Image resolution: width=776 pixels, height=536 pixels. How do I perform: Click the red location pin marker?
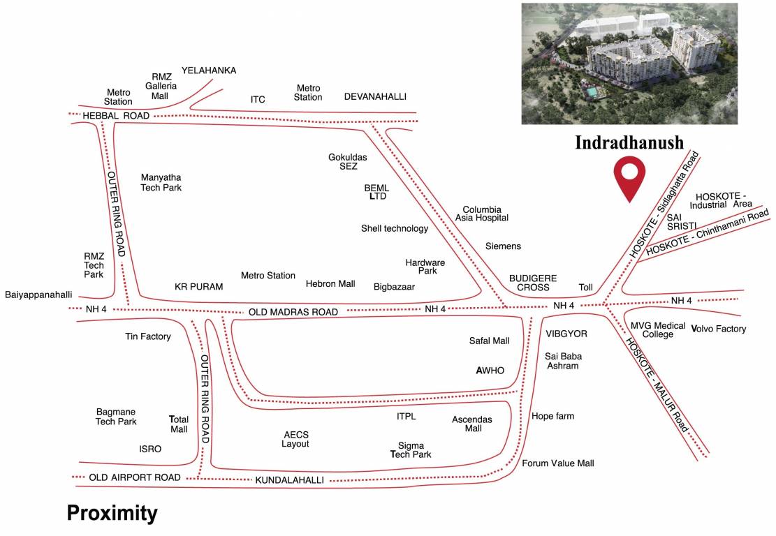pos(629,177)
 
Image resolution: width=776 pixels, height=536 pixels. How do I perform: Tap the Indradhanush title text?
pos(629,142)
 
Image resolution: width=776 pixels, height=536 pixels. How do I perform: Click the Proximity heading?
pos(112,513)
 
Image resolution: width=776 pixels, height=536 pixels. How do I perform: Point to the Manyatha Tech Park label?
pos(161,182)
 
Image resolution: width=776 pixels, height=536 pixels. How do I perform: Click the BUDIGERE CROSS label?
pos(533,283)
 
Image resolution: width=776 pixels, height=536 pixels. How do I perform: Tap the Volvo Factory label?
pos(719,329)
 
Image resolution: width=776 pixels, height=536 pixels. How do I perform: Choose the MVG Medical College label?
pos(658,329)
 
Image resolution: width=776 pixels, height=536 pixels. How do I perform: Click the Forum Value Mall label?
pos(558,463)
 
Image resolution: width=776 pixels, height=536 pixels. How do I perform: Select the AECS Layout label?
pos(295,439)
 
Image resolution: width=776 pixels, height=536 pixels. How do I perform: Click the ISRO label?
pos(150,449)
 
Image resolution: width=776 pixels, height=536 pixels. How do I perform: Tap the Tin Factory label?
pos(148,336)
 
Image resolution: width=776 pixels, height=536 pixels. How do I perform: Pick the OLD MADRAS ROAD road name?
pos(293,312)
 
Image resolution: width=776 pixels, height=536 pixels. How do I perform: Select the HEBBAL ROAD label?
pos(116,115)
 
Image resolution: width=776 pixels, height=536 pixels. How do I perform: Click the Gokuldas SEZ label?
pos(348,162)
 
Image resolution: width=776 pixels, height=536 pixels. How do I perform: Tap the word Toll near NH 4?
pos(585,288)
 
